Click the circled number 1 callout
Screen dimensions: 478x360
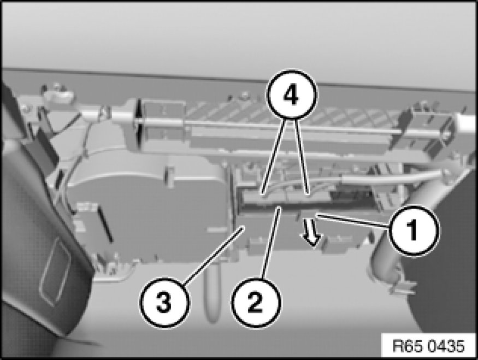point(414,230)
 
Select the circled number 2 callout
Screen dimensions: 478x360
point(256,303)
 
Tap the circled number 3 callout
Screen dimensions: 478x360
point(164,303)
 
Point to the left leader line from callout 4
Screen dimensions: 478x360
point(273,156)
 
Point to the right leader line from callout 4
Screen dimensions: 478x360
point(303,156)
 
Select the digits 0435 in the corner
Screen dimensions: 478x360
point(447,346)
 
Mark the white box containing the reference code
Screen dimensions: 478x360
point(429,346)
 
